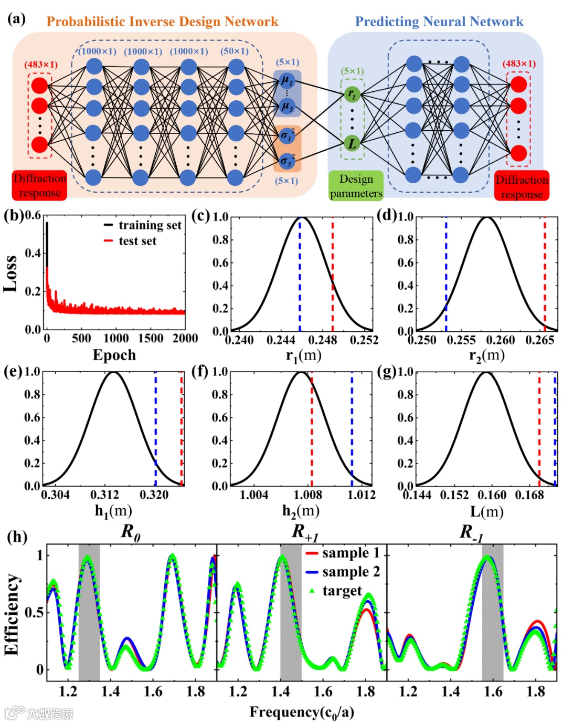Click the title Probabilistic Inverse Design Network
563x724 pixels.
point(162,22)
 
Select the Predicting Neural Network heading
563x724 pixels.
point(439,22)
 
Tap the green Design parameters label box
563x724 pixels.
point(356,186)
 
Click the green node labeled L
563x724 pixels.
point(352,143)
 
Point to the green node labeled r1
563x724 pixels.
point(352,95)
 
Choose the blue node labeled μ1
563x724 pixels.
point(287,80)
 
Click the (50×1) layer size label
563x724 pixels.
point(235,51)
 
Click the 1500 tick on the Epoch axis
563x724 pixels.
point(151,339)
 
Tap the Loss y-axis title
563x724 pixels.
point(10,273)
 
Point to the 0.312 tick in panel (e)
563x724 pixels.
point(104,495)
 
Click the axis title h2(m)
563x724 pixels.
point(301,510)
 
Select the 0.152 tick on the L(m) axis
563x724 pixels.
point(454,495)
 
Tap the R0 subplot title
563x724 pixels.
point(131,532)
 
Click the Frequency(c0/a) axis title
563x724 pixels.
point(302,712)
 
